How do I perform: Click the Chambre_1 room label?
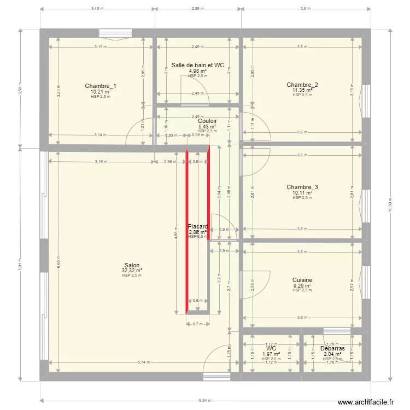[x=101, y=86]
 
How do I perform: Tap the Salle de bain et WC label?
[x=198, y=65]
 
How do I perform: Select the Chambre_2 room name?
[x=302, y=85]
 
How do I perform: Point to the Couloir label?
[x=208, y=121]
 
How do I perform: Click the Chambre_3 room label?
[x=302, y=188]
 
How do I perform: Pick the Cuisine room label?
[x=302, y=280]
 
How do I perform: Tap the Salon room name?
[x=132, y=265]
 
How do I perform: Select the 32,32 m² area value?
[x=132, y=270]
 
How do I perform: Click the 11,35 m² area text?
[x=302, y=90]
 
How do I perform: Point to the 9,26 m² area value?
[x=302, y=285]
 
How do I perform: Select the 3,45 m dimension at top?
[x=97, y=8]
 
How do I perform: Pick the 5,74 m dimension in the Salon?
[x=143, y=362]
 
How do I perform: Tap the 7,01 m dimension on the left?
[x=20, y=265]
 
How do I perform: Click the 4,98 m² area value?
[x=198, y=71]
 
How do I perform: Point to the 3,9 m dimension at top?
[x=305, y=8]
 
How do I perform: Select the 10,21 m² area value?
[x=101, y=91]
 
